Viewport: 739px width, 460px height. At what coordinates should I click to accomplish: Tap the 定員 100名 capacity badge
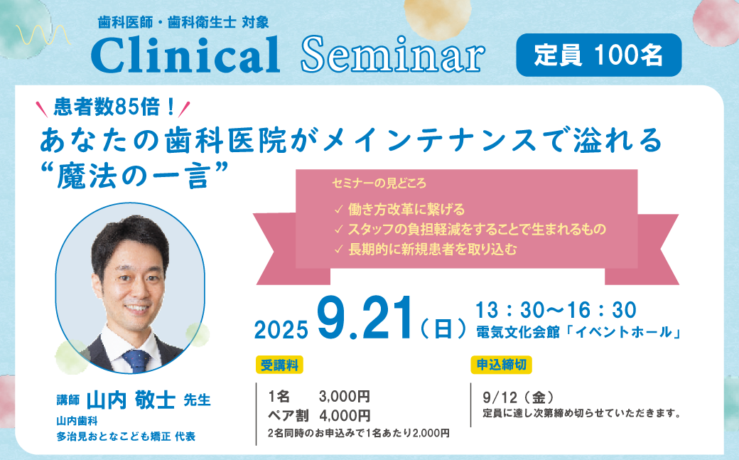599,55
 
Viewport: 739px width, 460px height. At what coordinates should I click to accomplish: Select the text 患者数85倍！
114,107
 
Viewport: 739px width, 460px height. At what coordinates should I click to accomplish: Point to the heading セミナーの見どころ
379,183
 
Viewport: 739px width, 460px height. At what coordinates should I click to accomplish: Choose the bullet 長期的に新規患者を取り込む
426,249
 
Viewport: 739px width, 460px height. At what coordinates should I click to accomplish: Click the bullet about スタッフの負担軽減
470,230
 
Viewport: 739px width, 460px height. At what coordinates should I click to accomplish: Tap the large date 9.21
365,319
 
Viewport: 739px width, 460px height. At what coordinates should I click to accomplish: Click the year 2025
281,329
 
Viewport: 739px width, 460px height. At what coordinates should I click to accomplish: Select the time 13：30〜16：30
556,310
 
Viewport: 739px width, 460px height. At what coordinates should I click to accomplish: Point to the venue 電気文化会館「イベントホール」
578,332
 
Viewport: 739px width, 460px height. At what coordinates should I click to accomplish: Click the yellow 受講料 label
279,365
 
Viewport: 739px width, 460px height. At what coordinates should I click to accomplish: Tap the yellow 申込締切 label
502,365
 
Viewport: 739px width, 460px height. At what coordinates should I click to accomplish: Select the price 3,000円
345,396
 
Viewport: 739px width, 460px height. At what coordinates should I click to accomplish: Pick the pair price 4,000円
345,416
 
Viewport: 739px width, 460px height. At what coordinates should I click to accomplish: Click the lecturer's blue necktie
137,360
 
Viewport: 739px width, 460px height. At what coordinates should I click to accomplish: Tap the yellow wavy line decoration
43,35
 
